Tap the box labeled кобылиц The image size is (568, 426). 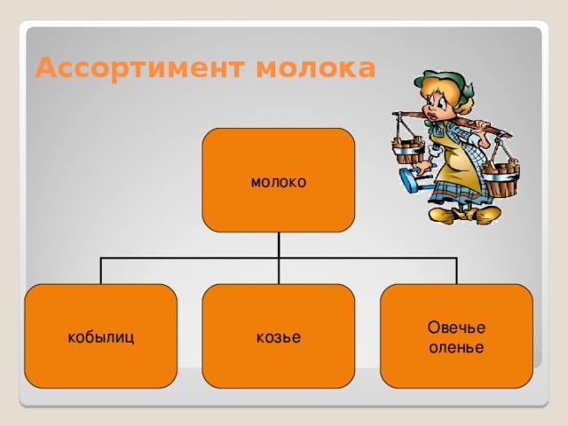coord(101,336)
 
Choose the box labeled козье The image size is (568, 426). coord(279,336)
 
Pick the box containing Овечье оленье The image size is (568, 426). coord(456,336)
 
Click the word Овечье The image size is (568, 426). coord(456,327)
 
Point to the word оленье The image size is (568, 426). coord(456,347)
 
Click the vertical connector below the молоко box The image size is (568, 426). coord(279,245)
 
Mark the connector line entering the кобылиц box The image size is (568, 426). coord(101,272)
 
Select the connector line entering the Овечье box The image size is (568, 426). coord(456,272)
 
